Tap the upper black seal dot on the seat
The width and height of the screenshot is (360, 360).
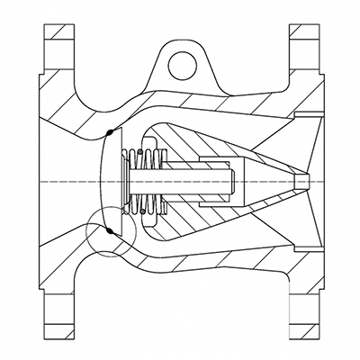coord(109,133)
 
